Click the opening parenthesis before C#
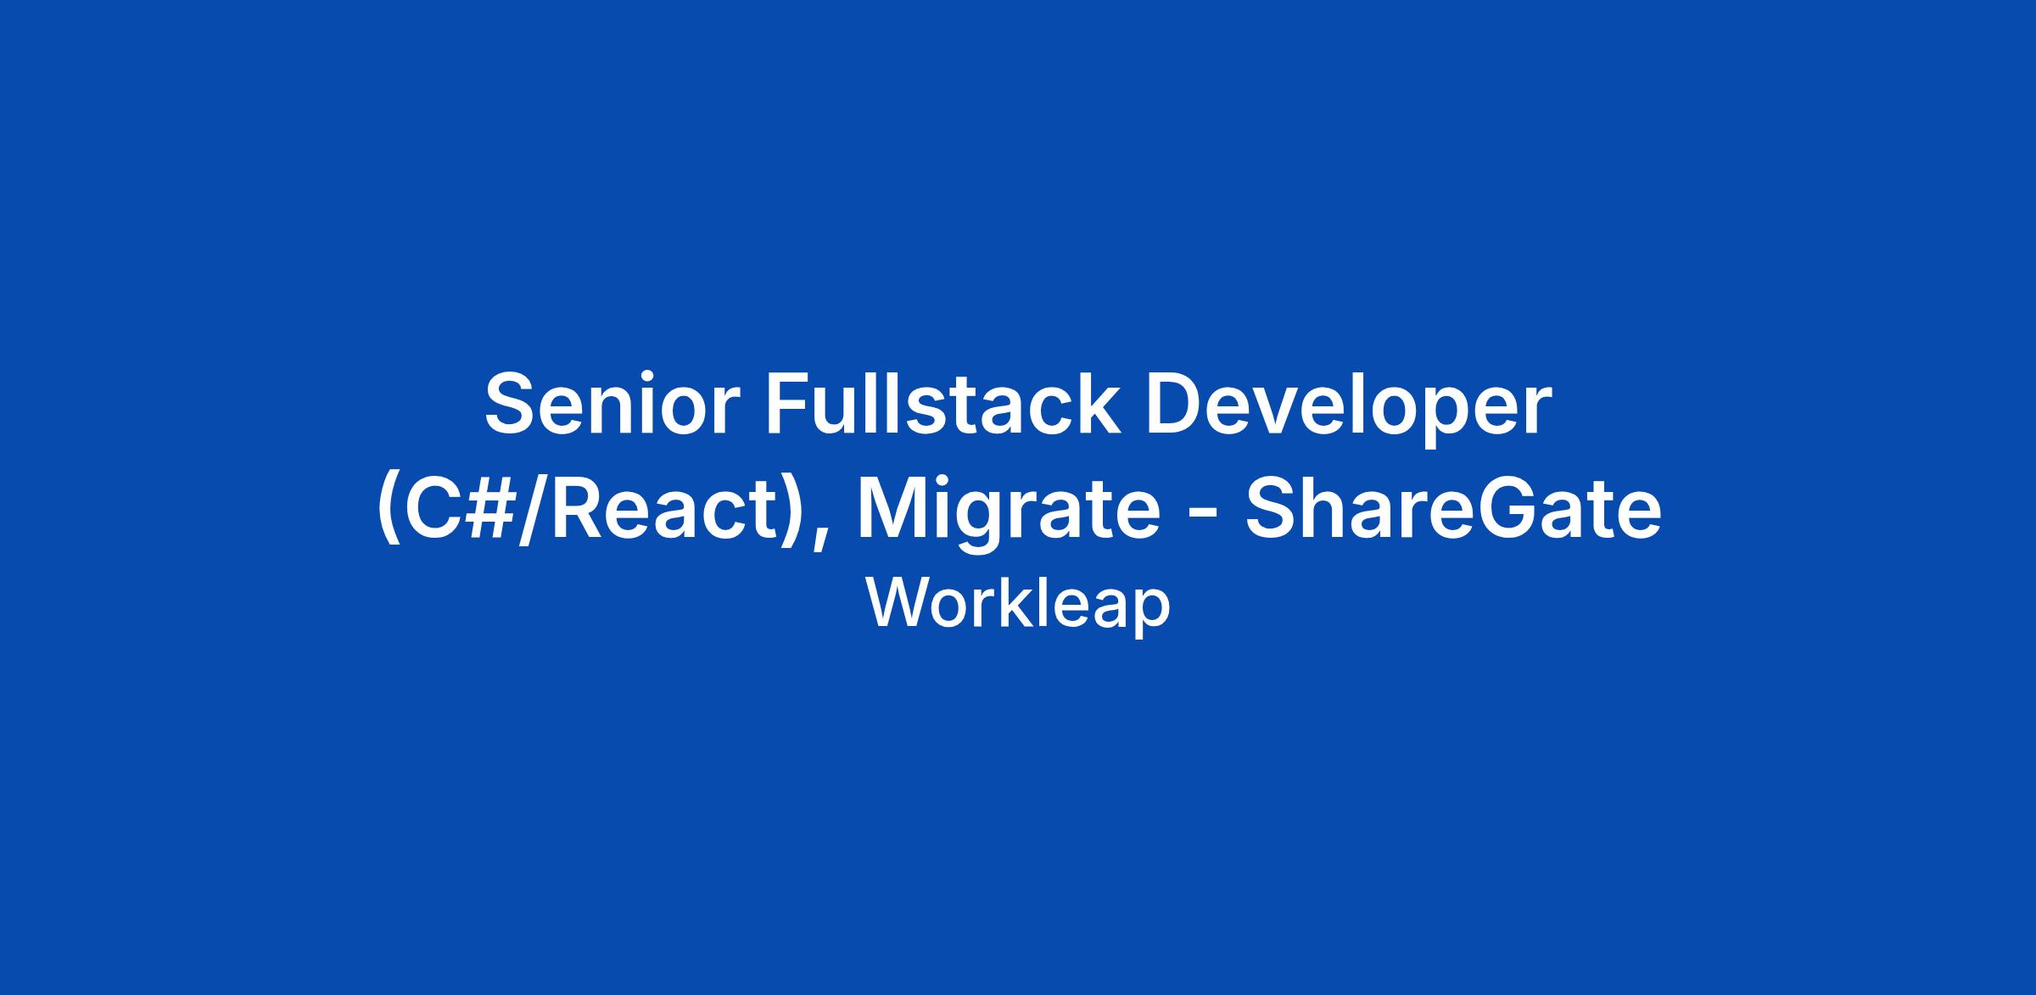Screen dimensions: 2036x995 [x=388, y=512]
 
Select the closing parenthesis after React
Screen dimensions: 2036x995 [x=791, y=512]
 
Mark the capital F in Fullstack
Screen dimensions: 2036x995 [x=790, y=402]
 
